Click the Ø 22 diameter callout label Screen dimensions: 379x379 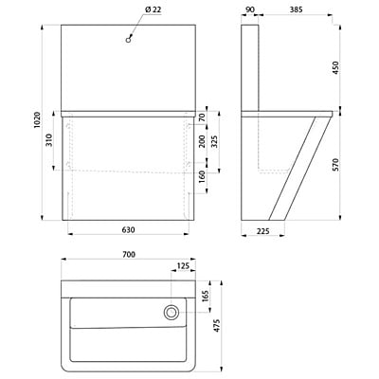(153, 10)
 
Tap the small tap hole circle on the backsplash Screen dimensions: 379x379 (128, 40)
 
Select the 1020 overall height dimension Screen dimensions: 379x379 (38, 120)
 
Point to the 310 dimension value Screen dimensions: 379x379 (49, 140)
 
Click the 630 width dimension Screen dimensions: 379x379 (129, 230)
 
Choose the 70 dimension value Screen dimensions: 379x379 (203, 117)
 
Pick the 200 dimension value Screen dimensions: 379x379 (203, 141)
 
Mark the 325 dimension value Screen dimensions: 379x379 (214, 141)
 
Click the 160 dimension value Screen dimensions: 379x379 (203, 177)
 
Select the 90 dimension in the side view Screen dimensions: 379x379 (249, 9)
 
